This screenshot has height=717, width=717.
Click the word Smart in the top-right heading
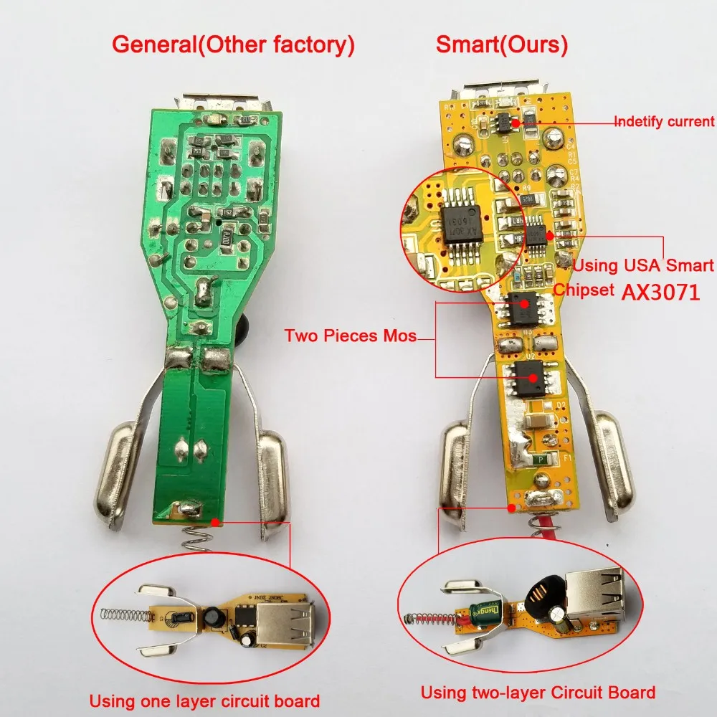[x=465, y=46]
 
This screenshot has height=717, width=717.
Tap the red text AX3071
[x=660, y=293]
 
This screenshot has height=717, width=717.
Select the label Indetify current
[x=664, y=121]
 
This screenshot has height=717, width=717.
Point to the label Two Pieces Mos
[x=350, y=335]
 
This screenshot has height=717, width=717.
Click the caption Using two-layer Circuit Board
[x=538, y=693]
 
